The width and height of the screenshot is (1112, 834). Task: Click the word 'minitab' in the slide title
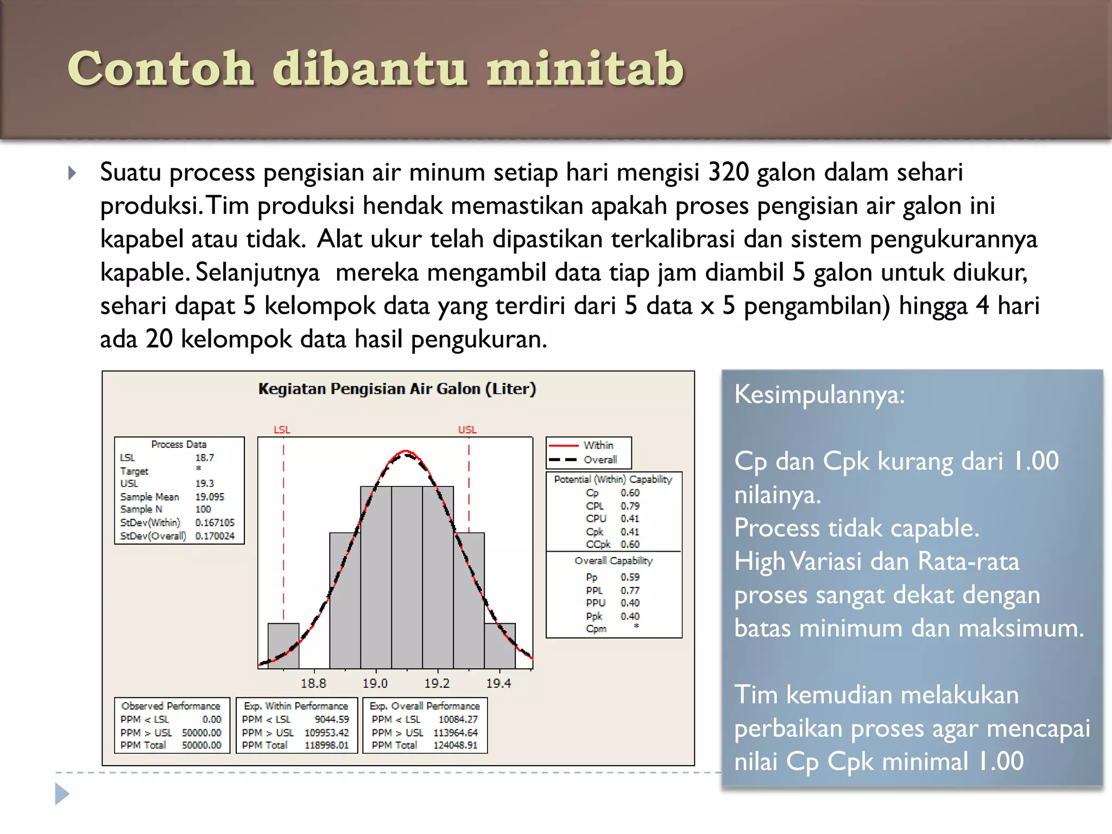point(585,69)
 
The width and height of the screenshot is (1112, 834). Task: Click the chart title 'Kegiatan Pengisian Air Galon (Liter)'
point(397,389)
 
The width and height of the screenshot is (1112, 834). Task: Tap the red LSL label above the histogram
point(282,429)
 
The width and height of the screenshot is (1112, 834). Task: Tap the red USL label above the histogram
point(467,429)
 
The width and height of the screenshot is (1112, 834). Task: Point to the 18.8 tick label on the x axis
point(313,683)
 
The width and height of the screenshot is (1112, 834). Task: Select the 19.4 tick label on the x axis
point(498,683)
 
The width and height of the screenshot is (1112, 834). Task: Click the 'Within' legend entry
point(598,445)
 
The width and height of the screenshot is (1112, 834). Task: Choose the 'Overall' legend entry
point(600,459)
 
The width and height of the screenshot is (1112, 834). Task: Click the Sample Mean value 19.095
point(210,496)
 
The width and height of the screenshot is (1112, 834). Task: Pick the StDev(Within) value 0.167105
point(215,522)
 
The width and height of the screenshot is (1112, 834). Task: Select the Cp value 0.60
point(630,492)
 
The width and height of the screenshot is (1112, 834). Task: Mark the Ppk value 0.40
point(630,616)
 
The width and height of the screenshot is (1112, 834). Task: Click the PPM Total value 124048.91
point(455,745)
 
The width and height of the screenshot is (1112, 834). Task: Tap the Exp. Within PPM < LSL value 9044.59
point(332,719)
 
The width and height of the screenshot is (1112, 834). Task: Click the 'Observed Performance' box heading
point(171,706)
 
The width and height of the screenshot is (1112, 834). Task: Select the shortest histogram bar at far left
point(283,646)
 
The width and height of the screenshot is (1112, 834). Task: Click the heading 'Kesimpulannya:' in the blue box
point(819,394)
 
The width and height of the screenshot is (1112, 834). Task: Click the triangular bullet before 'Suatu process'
point(72,173)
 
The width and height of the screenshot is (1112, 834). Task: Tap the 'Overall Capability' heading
point(614,560)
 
